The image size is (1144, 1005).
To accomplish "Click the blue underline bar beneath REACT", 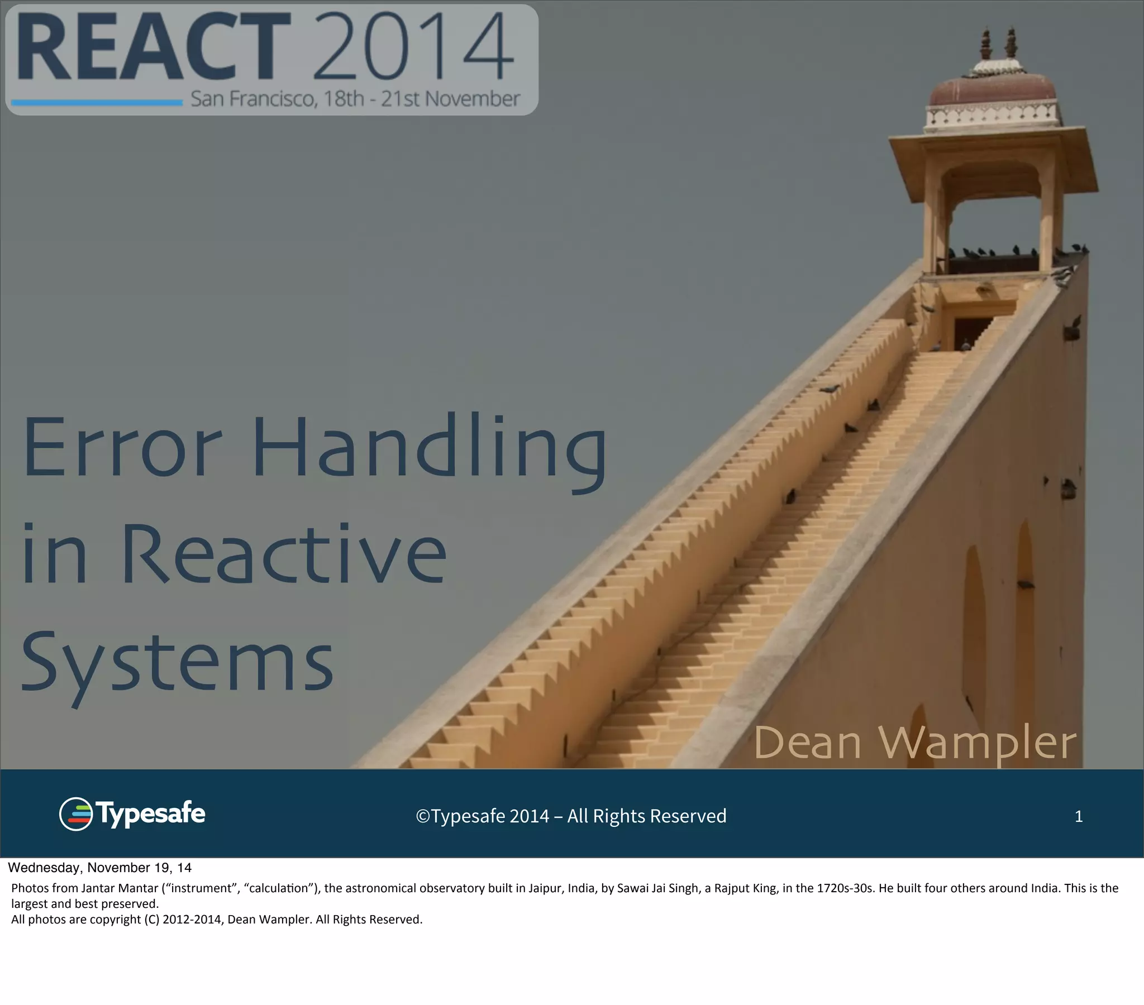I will click(97, 102).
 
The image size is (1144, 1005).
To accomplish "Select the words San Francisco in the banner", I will click(254, 99).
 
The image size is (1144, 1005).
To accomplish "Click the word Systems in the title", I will click(178, 662).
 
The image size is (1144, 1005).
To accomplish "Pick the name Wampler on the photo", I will click(976, 743).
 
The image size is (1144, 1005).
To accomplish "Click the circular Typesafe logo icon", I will click(75, 814).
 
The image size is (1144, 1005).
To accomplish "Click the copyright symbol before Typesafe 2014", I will click(422, 816).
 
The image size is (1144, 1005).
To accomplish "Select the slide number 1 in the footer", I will click(1079, 816).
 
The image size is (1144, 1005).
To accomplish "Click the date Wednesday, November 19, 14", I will click(99, 868).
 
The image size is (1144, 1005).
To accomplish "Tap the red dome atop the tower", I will click(992, 89).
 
